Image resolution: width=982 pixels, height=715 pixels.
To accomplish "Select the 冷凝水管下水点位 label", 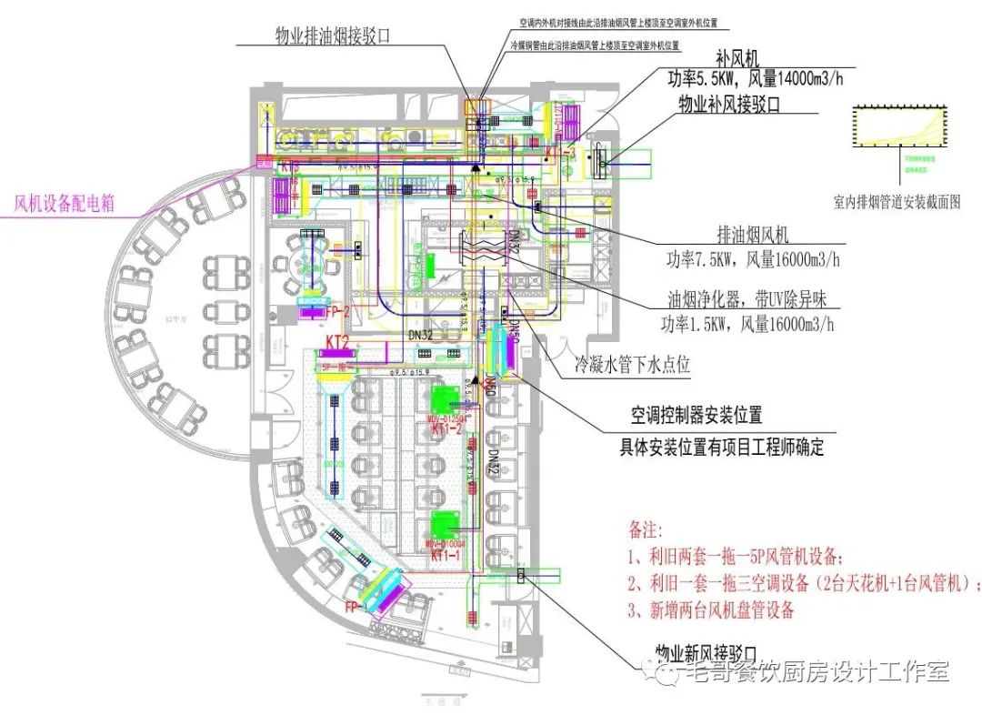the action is point(632,365).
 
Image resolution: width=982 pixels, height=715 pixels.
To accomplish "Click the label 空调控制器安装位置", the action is point(697,417).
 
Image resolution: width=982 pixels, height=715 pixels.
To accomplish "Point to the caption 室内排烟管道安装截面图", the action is point(897,202).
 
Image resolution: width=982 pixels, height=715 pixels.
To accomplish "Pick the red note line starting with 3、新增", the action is point(711,609).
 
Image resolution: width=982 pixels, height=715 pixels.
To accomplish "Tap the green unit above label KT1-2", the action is point(447,400).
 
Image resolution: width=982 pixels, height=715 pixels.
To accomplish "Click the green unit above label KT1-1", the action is point(447,526).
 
